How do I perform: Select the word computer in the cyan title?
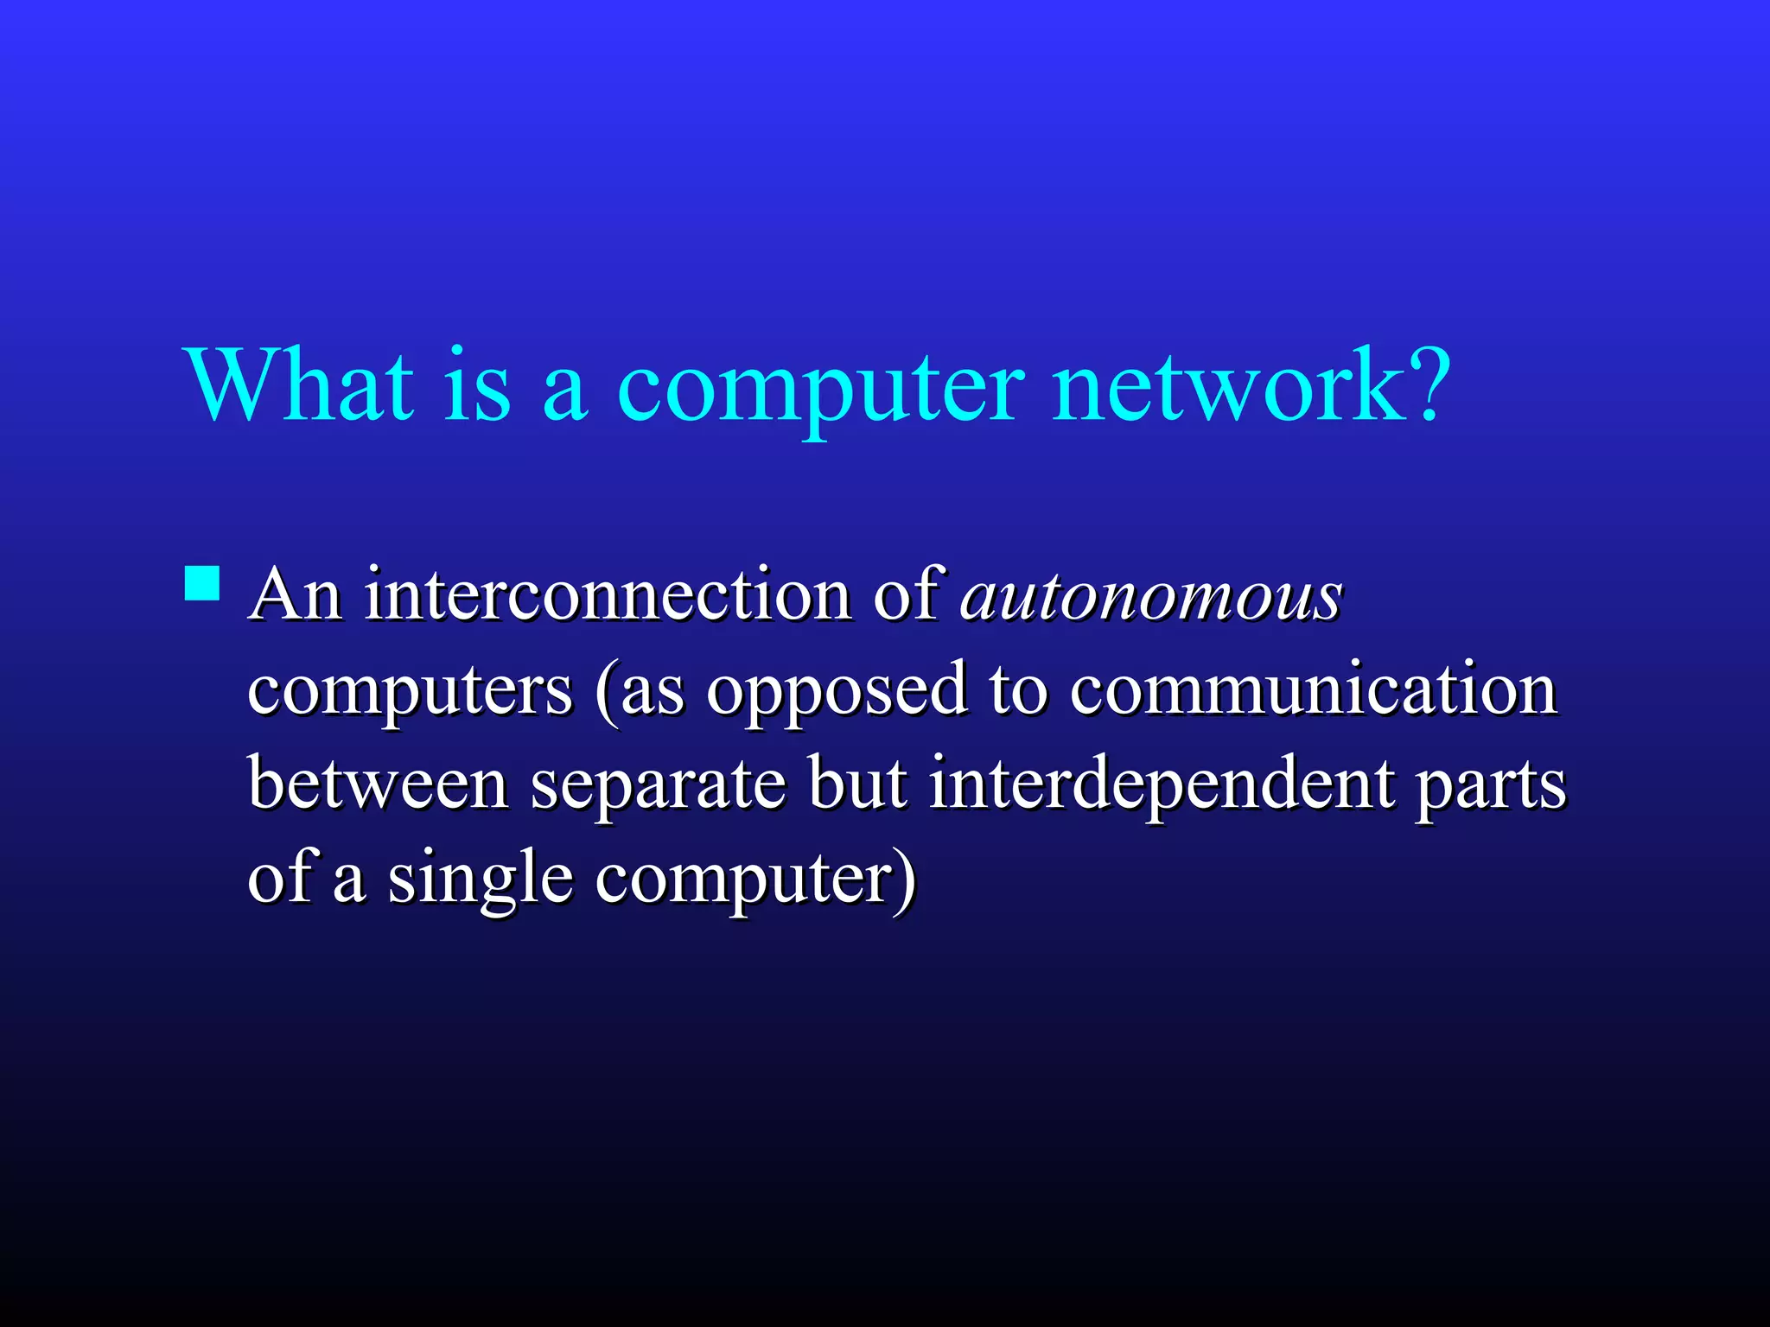(820, 389)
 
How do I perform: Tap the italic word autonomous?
(1151, 596)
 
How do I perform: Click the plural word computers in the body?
(410, 691)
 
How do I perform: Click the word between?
(378, 784)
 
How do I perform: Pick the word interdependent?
(1162, 785)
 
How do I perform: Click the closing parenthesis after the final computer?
(906, 879)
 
